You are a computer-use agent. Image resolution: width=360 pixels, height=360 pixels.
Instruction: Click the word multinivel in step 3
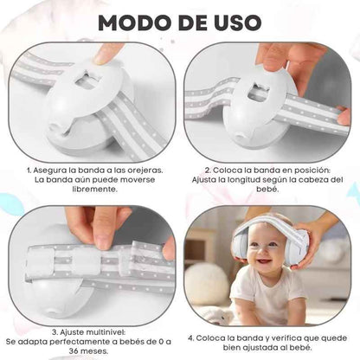[82, 331]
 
